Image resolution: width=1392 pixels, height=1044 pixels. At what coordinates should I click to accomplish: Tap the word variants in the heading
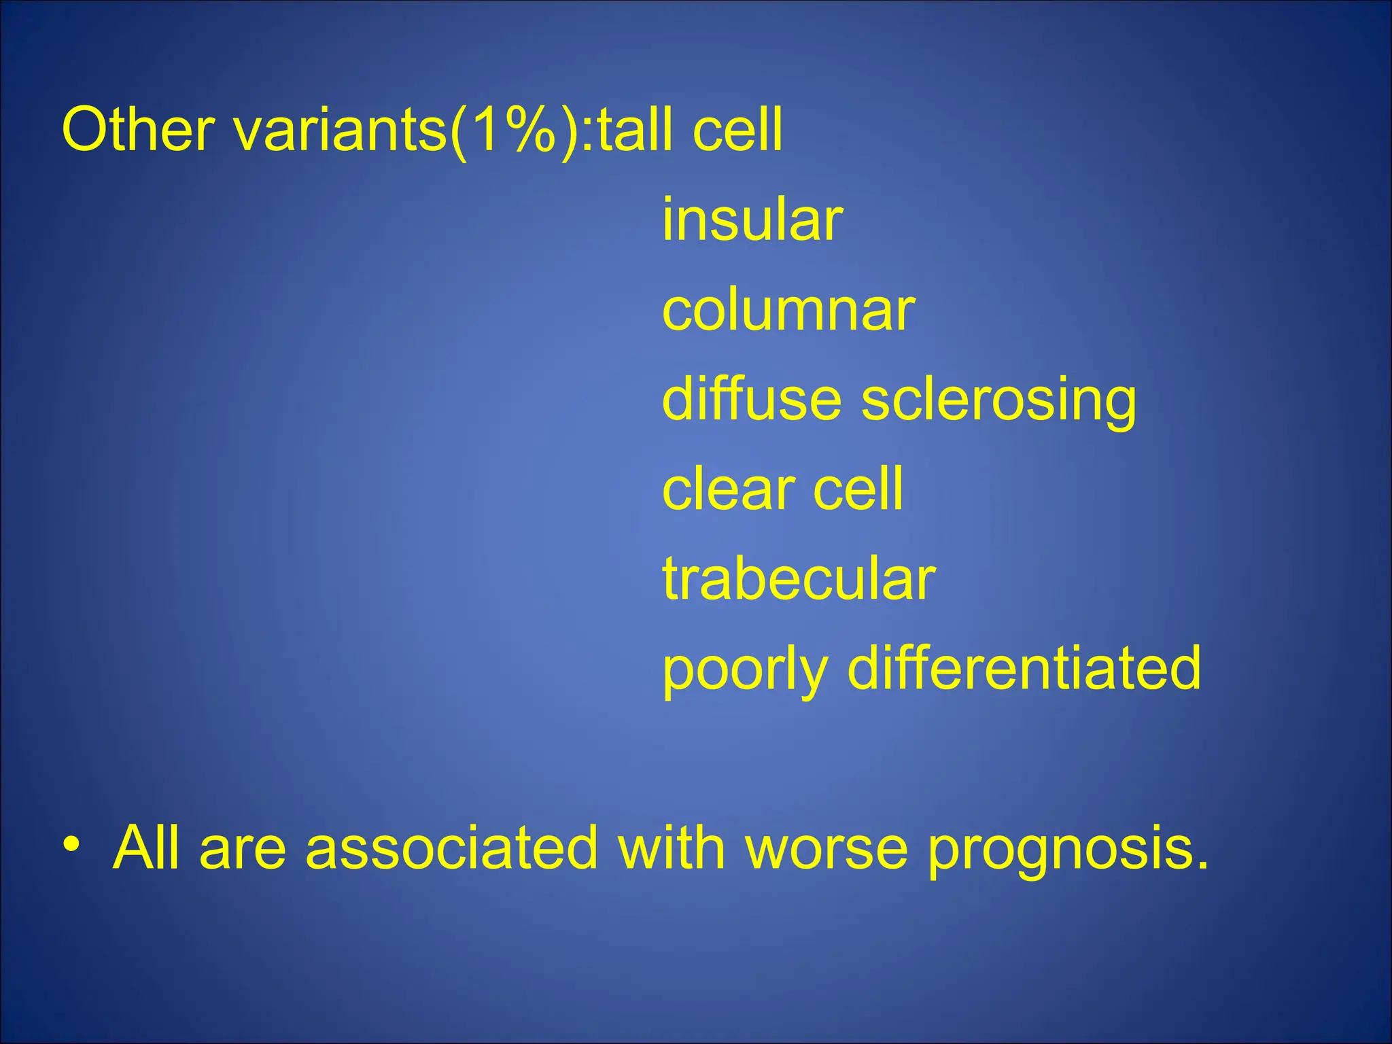click(x=340, y=130)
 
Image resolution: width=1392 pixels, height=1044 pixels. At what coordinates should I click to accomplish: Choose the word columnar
click(x=788, y=311)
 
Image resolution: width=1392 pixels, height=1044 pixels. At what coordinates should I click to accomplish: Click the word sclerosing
click(x=998, y=401)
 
